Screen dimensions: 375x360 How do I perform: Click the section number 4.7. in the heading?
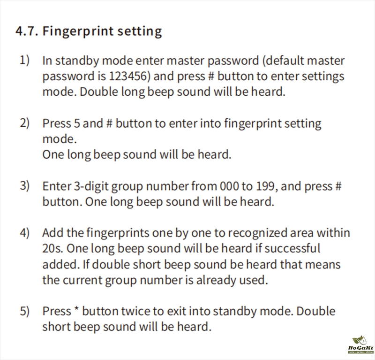pos(27,31)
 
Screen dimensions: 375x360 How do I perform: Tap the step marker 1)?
pos(24,60)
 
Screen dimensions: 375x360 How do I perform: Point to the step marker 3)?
pos(24,186)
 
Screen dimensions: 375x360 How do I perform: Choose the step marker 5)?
pos(24,311)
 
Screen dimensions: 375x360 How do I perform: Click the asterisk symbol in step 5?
pos(76,309)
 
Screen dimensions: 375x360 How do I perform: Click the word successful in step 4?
pos(292,248)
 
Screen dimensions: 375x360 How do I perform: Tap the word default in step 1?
pos(284,61)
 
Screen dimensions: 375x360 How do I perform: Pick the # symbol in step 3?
pos(338,186)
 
